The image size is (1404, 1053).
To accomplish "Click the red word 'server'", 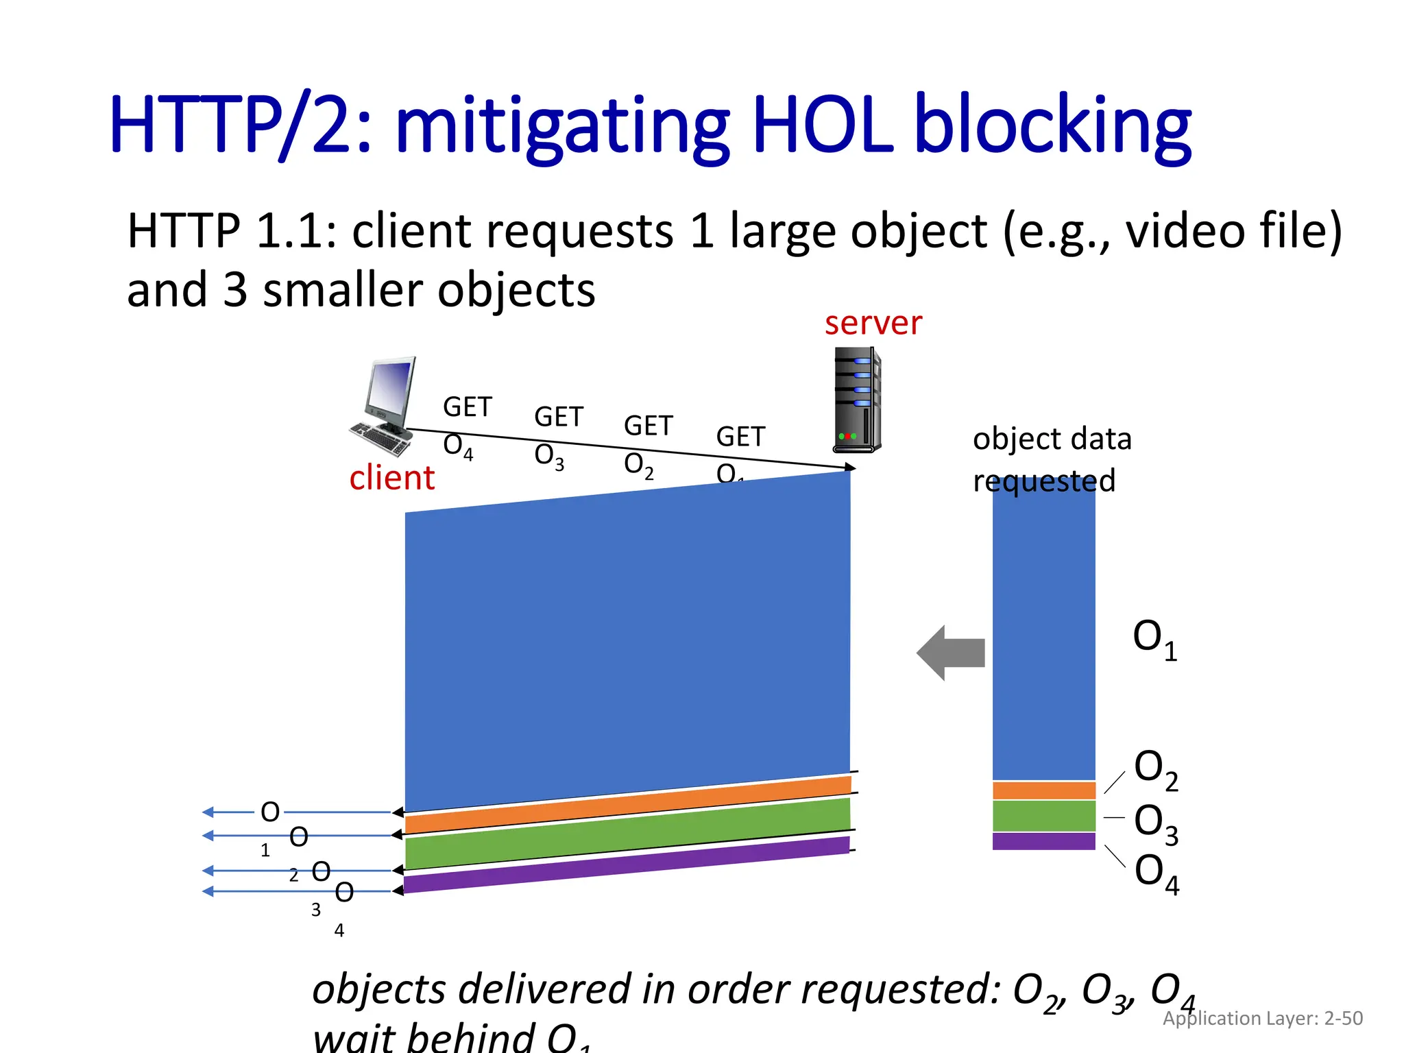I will tap(873, 324).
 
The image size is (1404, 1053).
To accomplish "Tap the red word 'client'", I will tap(391, 478).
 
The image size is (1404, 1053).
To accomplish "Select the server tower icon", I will tap(856, 400).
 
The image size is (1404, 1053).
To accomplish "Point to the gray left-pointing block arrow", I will tap(951, 653).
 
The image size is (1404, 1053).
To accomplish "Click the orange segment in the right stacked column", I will tap(1043, 790).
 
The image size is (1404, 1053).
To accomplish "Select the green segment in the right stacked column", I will tap(1043, 816).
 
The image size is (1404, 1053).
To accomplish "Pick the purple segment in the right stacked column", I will tap(1043, 841).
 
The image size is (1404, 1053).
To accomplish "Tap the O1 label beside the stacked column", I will tap(1154, 639).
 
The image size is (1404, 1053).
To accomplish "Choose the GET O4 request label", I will tap(466, 426).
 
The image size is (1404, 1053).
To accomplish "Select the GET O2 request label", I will tap(647, 446).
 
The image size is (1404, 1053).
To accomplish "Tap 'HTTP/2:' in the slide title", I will tap(240, 125).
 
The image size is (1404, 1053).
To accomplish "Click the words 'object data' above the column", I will tap(1052, 439).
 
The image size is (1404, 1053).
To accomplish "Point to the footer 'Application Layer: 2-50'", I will tap(1262, 1018).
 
